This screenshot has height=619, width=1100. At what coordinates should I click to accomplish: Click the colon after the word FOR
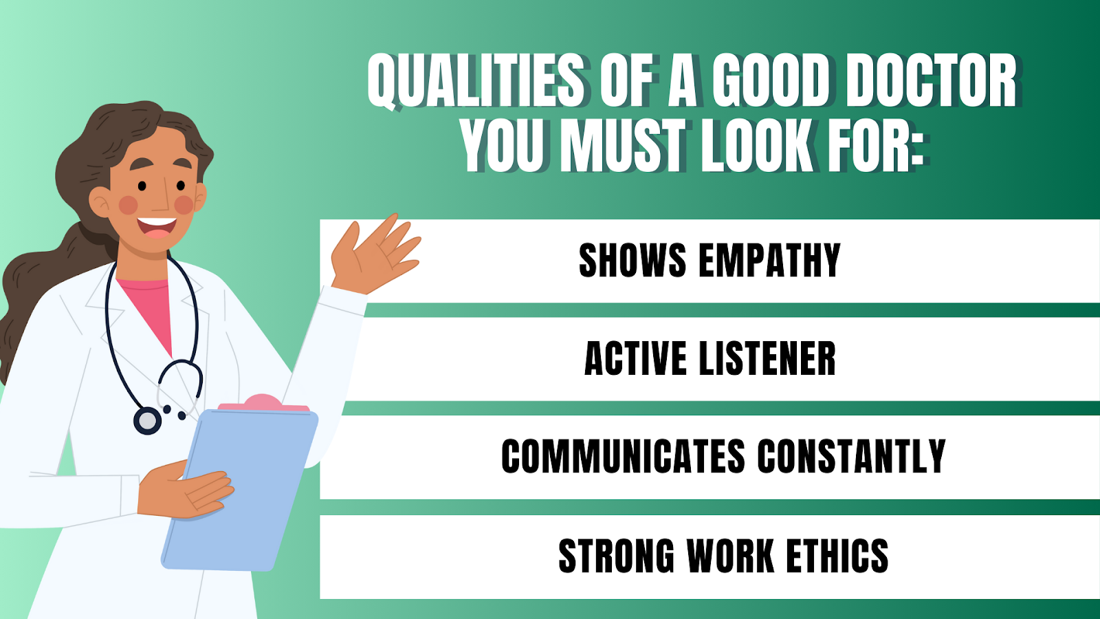pyautogui.click(x=917, y=151)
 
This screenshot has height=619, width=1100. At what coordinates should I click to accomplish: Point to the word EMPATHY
pyautogui.click(x=769, y=261)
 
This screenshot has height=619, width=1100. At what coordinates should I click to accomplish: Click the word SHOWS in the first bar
pyautogui.click(x=632, y=261)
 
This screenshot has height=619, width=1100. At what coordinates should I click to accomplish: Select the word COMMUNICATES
pyautogui.click(x=623, y=457)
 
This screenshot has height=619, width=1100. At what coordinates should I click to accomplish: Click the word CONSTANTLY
pyautogui.click(x=851, y=457)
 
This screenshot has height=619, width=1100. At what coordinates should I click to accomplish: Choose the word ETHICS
pyautogui.click(x=837, y=556)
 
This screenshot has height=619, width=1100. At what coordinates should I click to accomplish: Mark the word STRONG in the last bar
pyautogui.click(x=617, y=556)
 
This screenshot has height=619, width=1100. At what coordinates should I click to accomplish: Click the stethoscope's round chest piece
pyautogui.click(x=147, y=421)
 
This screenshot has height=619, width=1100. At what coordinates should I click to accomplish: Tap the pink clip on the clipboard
pyautogui.click(x=264, y=403)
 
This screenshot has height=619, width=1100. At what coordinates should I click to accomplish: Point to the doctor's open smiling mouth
pyautogui.click(x=157, y=228)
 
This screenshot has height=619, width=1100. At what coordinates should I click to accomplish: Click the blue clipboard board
pyautogui.click(x=240, y=490)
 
